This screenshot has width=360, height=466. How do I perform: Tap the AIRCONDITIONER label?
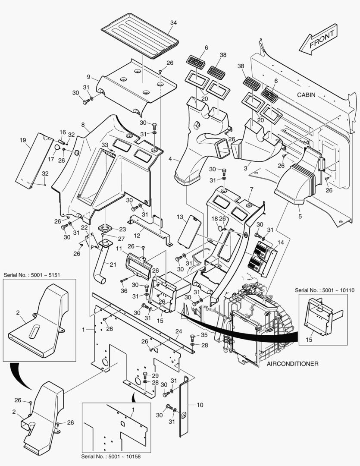(292, 364)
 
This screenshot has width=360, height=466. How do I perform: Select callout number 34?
(174, 22)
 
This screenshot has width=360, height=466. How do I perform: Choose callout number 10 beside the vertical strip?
(200, 405)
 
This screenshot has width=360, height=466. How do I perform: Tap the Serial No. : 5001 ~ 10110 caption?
(325, 290)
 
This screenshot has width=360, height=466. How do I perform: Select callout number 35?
(204, 334)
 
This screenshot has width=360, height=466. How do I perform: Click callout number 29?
(156, 375)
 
